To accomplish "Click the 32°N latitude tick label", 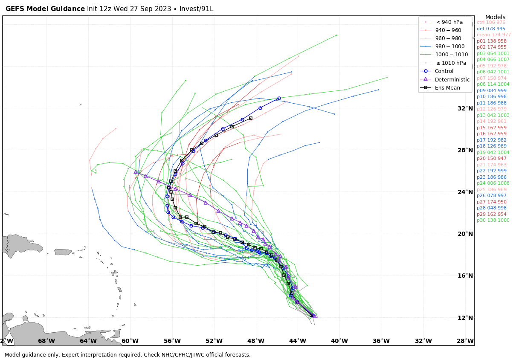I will pyautogui.click(x=465, y=108).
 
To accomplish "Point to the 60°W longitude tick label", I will pyautogui.click(x=130, y=341).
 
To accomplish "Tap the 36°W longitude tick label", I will pyautogui.click(x=381, y=341).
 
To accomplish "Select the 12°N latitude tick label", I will pyautogui.click(x=465, y=318).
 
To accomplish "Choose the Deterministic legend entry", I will pyautogui.click(x=452, y=79).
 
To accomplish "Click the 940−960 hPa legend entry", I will pyautogui.click(x=448, y=30).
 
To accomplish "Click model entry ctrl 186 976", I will pyautogui.click(x=491, y=23).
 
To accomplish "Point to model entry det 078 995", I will pyautogui.click(x=491, y=29).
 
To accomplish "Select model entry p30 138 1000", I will pyautogui.click(x=493, y=221).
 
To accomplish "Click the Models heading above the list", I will pyautogui.click(x=495, y=17).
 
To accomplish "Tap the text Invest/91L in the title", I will pyautogui.click(x=197, y=9).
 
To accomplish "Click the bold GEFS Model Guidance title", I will pyautogui.click(x=45, y=9).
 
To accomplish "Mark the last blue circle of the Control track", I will pyautogui.click(x=279, y=98).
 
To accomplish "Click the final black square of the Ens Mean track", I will pyautogui.click(x=251, y=118).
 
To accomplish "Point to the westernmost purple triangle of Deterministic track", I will pyautogui.click(x=136, y=172).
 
